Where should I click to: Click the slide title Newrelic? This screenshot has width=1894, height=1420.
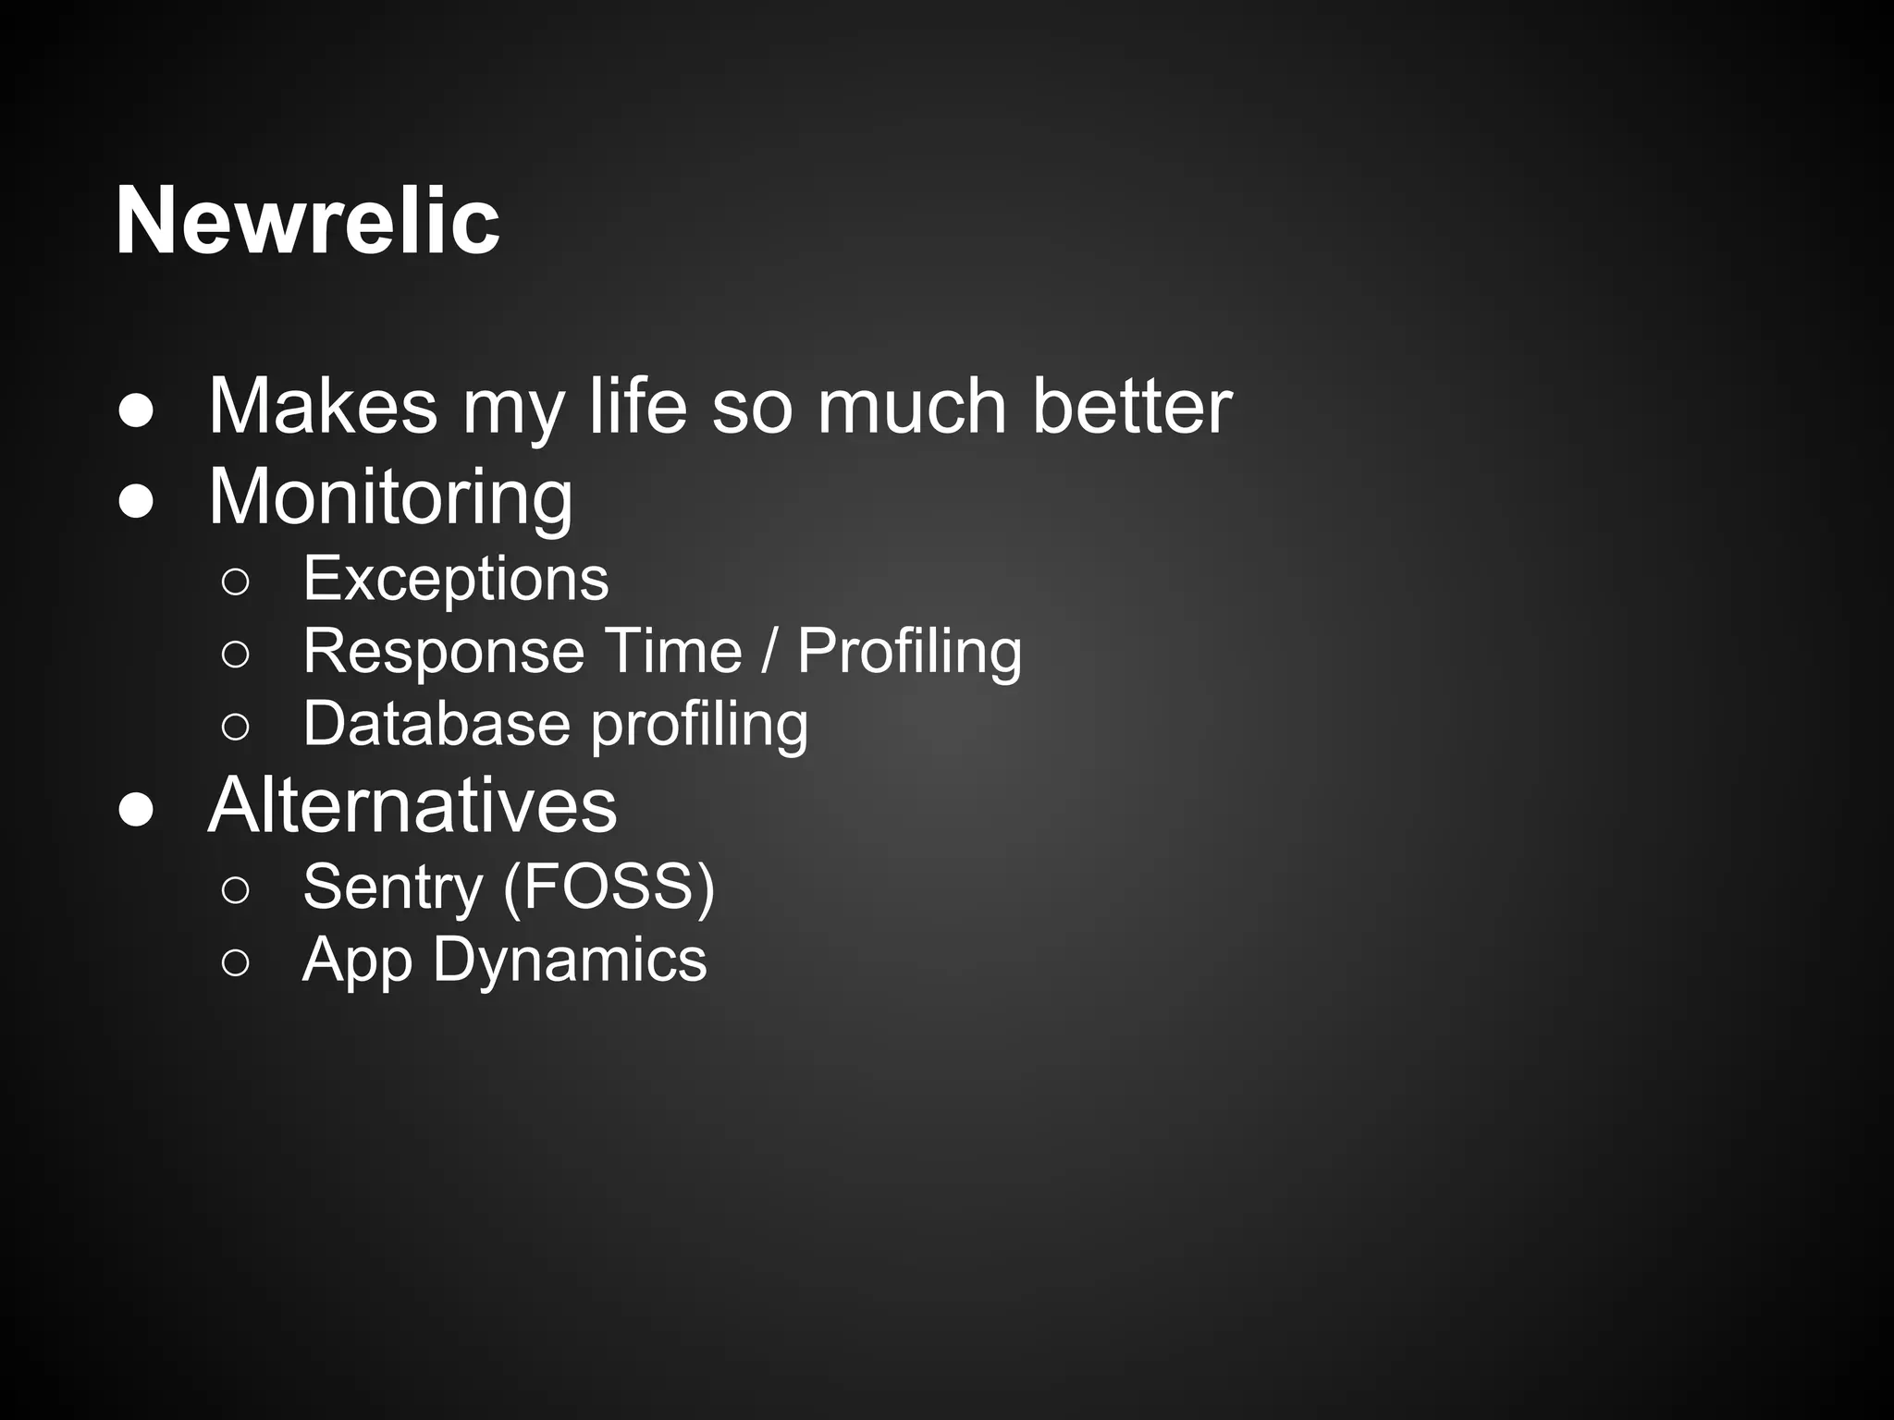[307, 221]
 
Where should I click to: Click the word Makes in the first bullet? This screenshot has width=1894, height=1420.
[322, 406]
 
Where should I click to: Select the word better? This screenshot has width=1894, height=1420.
[1131, 406]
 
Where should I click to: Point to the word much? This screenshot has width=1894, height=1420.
[911, 406]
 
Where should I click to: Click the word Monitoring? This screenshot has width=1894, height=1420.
[390, 498]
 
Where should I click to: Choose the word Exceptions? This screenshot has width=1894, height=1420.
[456, 580]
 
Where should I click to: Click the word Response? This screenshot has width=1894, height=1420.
[444, 652]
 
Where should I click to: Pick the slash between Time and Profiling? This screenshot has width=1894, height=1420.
[769, 651]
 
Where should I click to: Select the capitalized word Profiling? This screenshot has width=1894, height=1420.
[909, 652]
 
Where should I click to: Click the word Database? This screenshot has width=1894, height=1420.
[435, 723]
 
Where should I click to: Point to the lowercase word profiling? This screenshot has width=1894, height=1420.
[699, 725]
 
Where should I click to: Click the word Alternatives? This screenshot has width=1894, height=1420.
[412, 805]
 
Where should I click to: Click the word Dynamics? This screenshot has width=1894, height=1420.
[569, 961]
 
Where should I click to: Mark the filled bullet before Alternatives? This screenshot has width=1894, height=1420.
[136, 810]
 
